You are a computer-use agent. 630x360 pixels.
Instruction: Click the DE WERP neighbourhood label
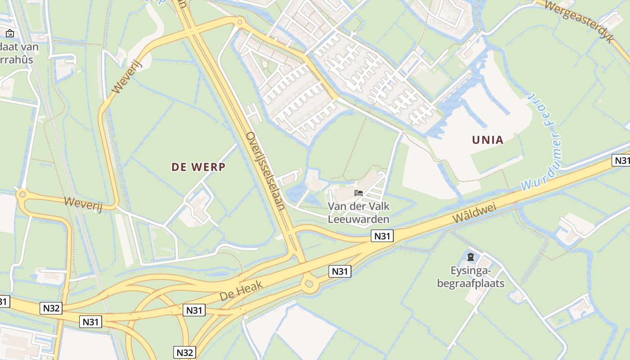coord(198,167)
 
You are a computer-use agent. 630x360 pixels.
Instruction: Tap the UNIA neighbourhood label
coord(488,140)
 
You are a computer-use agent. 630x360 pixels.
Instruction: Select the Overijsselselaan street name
coord(265,171)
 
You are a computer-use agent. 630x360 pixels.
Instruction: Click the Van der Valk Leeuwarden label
coord(358,213)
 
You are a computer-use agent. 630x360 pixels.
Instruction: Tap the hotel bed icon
coord(359,193)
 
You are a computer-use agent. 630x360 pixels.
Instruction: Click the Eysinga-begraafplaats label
coord(471,277)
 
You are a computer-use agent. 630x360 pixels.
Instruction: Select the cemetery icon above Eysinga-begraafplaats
coord(471,257)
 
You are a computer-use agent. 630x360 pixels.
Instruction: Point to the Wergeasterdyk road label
coord(579,20)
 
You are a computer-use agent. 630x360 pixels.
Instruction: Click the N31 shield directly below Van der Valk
coord(382,236)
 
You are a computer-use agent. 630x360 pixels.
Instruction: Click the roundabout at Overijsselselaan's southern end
coord(309,283)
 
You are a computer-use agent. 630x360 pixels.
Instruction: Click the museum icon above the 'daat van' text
coord(10,33)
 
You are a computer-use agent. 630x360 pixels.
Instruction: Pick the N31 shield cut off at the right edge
coord(621,160)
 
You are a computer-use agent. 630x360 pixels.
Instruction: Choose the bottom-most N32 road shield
coord(184,352)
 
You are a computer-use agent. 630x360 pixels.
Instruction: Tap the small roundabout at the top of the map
coord(240,21)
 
